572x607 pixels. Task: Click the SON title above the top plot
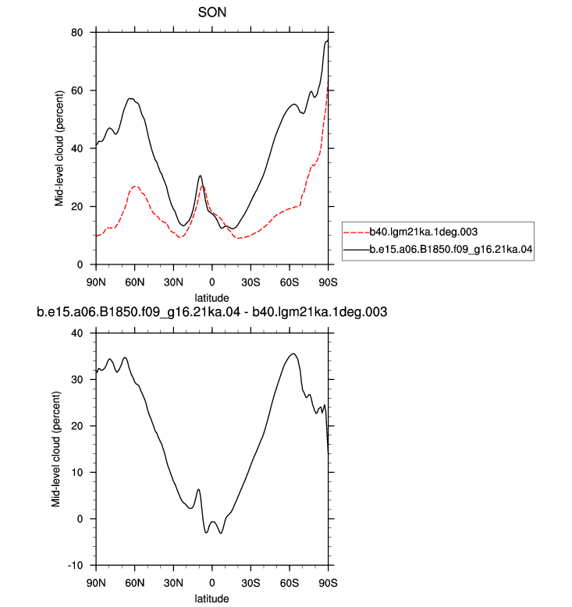211,12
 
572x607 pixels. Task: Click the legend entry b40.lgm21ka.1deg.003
424,232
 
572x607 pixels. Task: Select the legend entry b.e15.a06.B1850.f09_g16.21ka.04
451,250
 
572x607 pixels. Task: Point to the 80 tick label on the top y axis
77,33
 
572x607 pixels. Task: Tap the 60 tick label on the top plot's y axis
77,91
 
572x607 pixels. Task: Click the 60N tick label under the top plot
134,282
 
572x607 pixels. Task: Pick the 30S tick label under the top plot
250,282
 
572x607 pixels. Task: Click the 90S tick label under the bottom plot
328,583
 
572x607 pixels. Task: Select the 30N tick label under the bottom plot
173,583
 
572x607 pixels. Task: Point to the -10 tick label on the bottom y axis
76,565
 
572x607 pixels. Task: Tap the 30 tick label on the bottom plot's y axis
77,379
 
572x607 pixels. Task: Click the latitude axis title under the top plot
211,298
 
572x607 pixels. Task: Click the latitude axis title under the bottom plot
211,598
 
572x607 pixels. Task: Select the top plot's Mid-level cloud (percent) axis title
59,149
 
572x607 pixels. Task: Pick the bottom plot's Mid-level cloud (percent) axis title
56,449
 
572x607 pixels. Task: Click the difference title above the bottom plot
211,312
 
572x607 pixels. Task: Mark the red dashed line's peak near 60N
134,186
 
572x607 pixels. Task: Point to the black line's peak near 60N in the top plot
130,99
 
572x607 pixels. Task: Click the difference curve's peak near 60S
294,353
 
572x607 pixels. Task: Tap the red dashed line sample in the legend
357,233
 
